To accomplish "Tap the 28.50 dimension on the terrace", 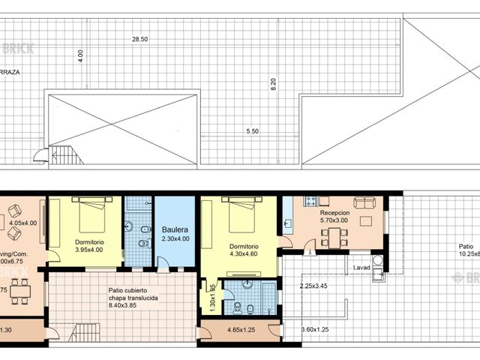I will coord(140,38).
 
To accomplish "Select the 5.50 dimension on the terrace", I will coord(253,131).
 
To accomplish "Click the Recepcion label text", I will coord(333,212).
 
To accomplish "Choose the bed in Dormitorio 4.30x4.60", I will coord(241,214).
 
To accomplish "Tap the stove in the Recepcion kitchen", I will coord(311,201).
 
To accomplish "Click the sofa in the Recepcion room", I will coord(364,202).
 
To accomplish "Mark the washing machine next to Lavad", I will coord(377,261).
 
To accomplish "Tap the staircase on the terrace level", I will coord(67,155).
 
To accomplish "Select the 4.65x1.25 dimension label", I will coord(240,329).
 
